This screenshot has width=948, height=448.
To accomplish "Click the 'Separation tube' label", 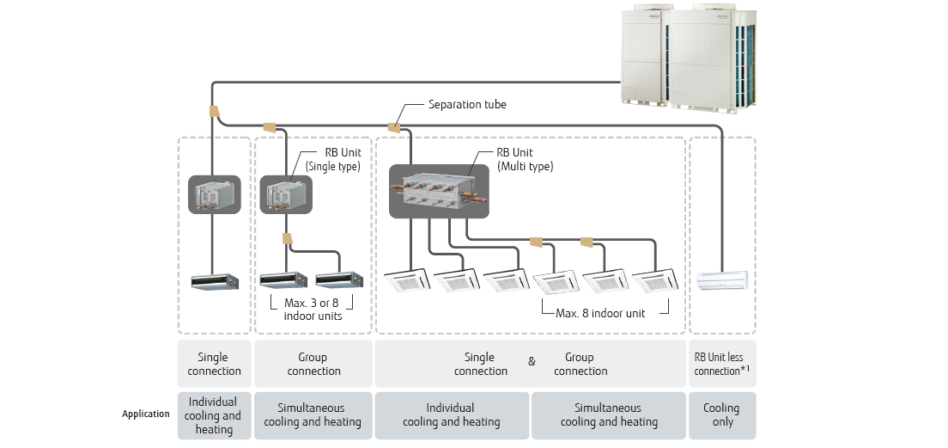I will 467,105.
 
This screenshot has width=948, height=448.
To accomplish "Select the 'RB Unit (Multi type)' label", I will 525,160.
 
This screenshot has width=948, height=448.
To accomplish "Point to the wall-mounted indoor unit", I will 722,279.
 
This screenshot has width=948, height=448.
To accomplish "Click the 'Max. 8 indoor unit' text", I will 600,314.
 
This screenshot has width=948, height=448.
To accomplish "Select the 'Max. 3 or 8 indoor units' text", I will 313,310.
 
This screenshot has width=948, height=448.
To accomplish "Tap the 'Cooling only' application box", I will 722,415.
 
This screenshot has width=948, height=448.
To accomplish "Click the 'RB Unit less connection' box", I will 722,364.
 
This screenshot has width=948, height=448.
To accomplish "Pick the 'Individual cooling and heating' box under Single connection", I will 214,415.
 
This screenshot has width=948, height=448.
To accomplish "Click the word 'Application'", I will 146,414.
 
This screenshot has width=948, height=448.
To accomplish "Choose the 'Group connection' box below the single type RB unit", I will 313,364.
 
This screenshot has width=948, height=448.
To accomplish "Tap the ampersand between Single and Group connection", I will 532,362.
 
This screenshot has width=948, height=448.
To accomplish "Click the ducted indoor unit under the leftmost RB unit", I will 214,281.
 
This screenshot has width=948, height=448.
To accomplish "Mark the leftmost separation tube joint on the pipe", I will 214,112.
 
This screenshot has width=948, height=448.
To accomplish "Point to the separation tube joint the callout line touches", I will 396,128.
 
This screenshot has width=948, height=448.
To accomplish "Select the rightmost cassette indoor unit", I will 656,281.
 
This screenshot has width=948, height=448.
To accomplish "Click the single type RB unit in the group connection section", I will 284,194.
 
